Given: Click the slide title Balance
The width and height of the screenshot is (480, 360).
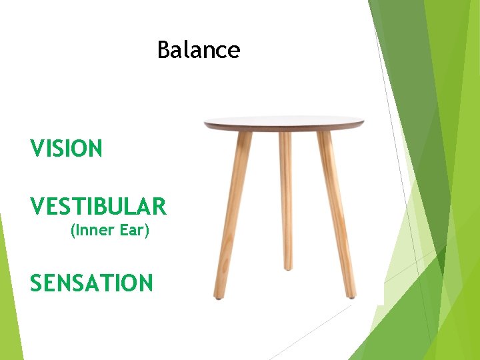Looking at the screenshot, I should [x=198, y=50].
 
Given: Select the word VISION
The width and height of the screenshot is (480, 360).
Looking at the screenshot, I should [x=66, y=148].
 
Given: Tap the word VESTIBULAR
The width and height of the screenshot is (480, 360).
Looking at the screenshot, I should [x=98, y=206].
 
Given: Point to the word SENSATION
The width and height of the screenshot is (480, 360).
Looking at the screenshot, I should [x=91, y=283].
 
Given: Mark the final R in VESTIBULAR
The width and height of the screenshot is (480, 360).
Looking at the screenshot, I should [x=158, y=206].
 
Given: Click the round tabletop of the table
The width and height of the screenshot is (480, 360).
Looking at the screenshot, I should [x=285, y=123].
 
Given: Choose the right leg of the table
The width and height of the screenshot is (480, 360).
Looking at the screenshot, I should [x=337, y=213].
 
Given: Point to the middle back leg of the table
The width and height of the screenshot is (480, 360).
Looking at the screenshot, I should [x=286, y=200].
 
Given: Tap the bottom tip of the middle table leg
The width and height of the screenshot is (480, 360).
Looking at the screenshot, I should [x=287, y=269].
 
